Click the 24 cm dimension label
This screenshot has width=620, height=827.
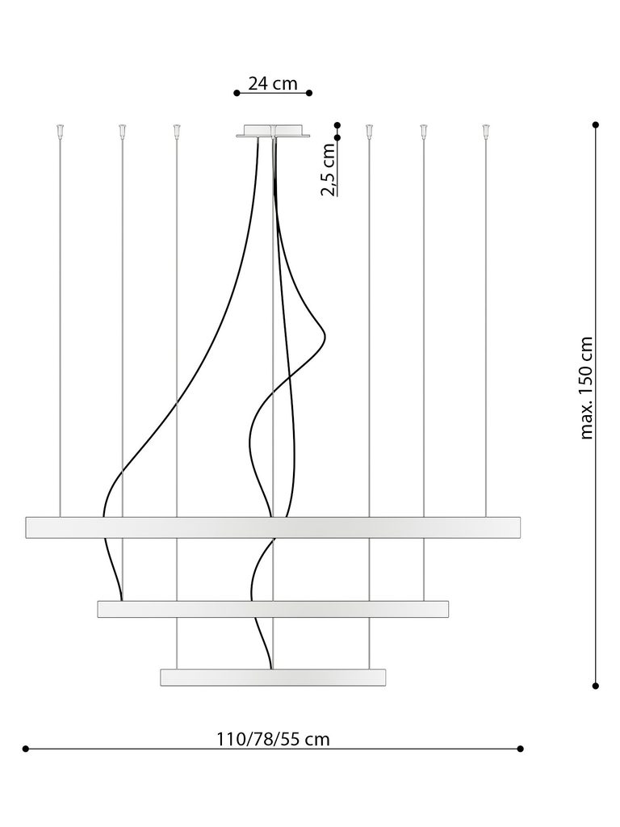click(273, 83)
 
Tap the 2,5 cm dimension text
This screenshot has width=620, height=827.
click(329, 169)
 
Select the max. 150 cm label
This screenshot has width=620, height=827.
click(586, 388)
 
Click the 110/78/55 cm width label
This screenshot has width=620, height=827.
click(273, 739)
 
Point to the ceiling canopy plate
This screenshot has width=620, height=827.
click(273, 131)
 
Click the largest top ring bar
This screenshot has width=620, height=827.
click(273, 527)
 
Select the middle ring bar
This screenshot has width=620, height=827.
click(273, 609)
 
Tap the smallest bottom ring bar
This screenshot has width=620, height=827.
click(273, 678)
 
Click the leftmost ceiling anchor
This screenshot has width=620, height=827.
click(60, 130)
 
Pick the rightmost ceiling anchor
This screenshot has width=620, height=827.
click(485, 130)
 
